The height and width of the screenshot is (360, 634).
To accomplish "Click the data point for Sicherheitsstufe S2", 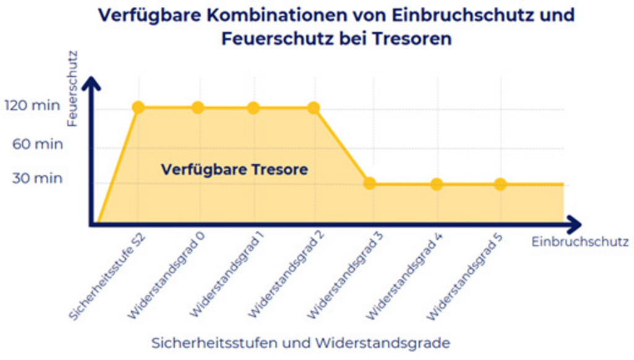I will coord(138,108).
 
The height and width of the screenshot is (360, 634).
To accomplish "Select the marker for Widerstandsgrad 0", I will coord(198,108).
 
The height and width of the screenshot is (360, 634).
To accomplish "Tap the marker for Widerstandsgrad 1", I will coord(253,108).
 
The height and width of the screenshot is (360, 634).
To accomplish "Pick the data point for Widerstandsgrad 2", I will coord(313,108).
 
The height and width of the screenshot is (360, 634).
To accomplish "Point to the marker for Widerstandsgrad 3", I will coord(370,183).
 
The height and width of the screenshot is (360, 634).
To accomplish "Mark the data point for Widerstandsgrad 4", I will coord(436,184).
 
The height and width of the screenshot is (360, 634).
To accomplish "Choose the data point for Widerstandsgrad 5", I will coord(500,184).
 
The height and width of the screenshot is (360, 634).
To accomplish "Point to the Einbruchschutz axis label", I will coord(580,242).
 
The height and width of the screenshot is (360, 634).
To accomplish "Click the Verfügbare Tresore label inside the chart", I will coord(234,169).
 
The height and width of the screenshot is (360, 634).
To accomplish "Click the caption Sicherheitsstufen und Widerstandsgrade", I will coord(300,343).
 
